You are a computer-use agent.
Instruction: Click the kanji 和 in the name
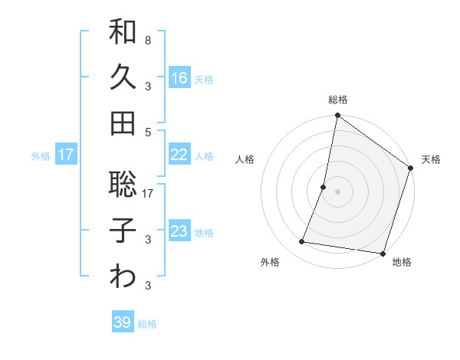point(123,33)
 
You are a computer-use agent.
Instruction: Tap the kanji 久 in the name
point(123,78)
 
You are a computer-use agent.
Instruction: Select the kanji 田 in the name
point(123,123)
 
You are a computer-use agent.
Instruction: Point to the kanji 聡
point(123,185)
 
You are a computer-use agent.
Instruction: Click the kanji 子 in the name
point(123,231)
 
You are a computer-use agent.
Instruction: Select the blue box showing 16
point(179,77)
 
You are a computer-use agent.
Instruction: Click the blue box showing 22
point(179,155)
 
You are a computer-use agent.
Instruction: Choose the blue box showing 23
point(179,231)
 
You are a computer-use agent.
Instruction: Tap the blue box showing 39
point(122,322)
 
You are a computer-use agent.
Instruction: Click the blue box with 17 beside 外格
point(66,155)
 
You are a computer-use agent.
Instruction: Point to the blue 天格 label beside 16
point(204,79)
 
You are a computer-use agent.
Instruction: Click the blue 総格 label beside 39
point(147,324)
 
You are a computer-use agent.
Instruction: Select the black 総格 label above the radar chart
point(337,100)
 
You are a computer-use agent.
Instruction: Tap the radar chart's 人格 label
point(245,159)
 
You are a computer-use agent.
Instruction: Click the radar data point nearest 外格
point(302,242)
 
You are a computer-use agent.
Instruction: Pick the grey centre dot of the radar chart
point(337,191)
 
